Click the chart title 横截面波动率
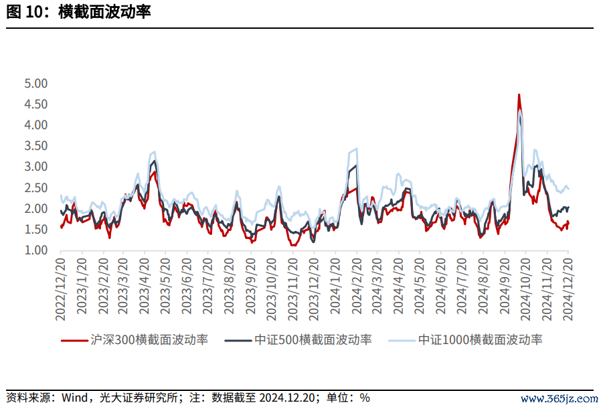click(104, 12)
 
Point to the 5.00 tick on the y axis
click(35, 83)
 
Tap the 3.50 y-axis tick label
click(35, 146)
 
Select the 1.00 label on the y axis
click(35, 250)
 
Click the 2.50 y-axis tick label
click(35, 187)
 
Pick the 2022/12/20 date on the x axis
click(61, 289)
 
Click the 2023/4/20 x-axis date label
click(144, 286)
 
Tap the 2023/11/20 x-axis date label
click(293, 289)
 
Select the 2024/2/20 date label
click(357, 286)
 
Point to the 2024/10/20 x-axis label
click(525, 289)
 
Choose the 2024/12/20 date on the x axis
click(568, 289)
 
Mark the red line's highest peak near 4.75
click(519, 94)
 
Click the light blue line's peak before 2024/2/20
click(357, 149)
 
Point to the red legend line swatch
click(74, 341)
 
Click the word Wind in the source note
click(74, 398)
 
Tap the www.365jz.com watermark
click(559, 399)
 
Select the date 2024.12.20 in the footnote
click(287, 398)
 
